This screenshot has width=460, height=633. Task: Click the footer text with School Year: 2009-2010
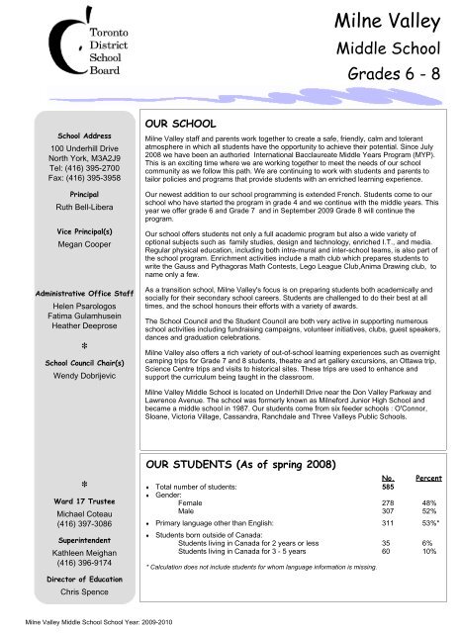(88, 625)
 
